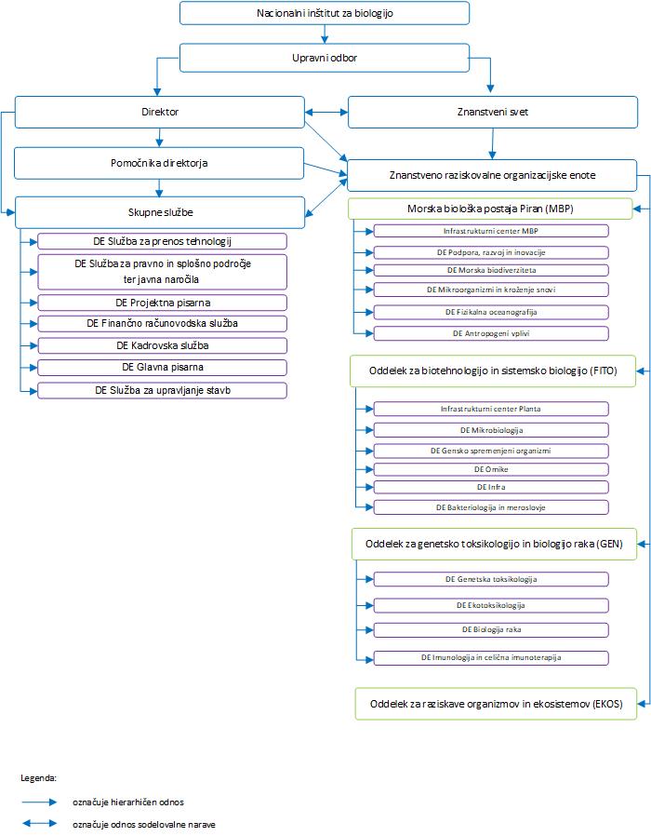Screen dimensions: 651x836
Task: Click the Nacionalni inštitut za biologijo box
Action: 325,13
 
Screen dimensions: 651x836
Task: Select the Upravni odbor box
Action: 325,58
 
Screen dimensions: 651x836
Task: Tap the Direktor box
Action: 160,112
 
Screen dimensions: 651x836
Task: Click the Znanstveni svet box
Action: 493,112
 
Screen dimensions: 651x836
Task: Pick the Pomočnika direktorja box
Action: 159,163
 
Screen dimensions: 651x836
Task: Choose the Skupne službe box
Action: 160,212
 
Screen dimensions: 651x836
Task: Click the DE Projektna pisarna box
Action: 163,303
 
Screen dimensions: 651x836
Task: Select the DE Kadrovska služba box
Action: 163,345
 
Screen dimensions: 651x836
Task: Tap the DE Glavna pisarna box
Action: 163,368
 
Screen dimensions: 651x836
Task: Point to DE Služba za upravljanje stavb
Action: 163,390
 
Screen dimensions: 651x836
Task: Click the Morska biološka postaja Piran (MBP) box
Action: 490,209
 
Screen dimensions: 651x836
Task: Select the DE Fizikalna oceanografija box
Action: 491,312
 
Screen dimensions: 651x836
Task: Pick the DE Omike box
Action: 491,469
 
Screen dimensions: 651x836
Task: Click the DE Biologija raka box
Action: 491,629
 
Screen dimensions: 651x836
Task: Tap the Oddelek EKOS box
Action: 496,704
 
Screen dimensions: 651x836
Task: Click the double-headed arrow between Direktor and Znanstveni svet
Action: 326,112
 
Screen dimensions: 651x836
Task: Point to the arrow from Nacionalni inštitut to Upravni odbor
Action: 325,34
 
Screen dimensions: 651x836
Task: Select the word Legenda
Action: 39,778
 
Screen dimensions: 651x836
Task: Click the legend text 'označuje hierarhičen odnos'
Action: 128,802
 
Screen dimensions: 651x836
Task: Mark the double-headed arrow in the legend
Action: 39,824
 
